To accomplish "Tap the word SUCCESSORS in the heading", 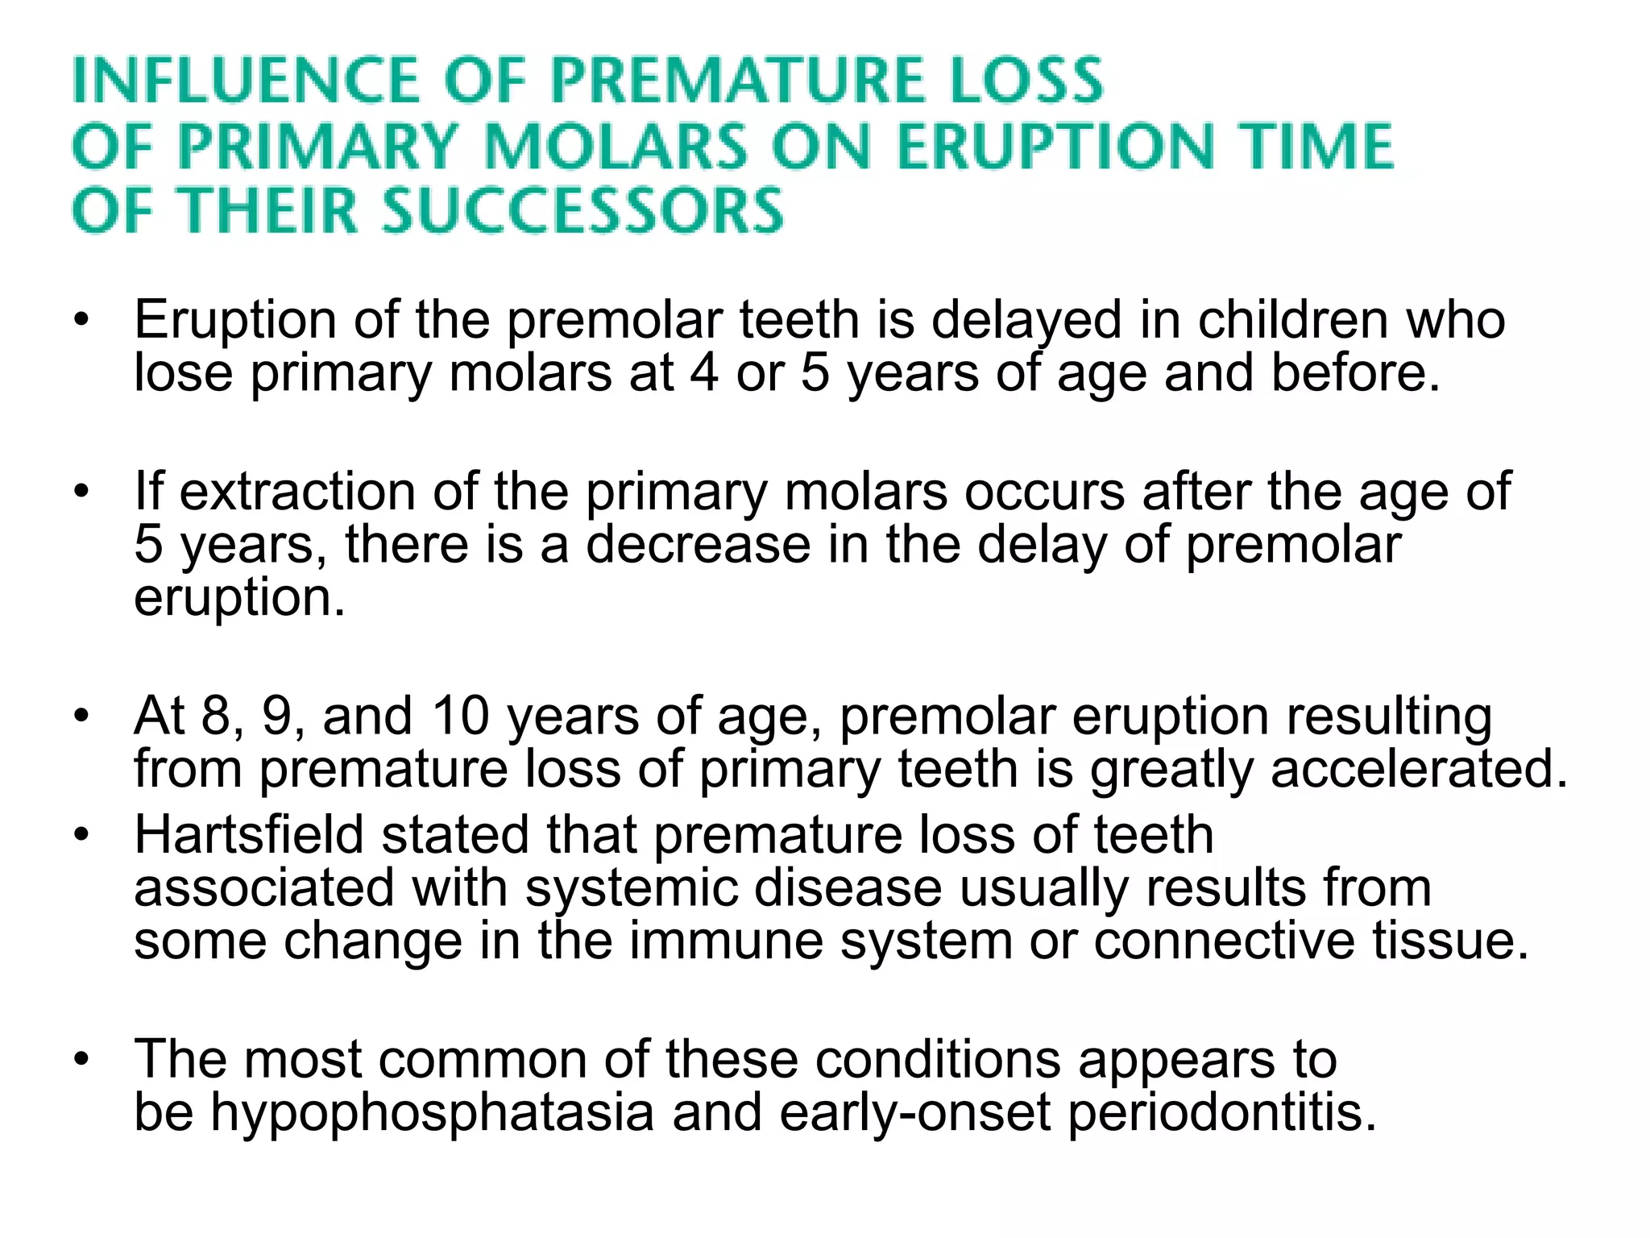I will click(582, 210).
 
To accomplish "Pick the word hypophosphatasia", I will click(432, 1112).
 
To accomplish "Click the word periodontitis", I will click(1222, 1112).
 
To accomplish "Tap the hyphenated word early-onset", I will click(914, 1112).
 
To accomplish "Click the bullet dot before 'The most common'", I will click(81, 1060).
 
